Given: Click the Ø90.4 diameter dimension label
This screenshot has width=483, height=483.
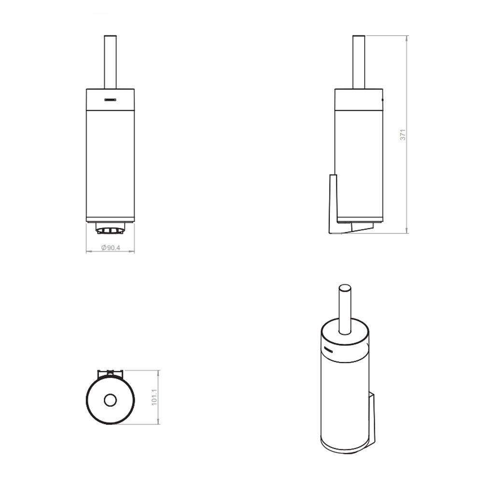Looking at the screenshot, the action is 111,248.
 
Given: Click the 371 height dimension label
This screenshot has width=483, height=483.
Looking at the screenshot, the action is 403,135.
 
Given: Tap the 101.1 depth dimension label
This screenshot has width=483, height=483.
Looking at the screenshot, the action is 155,397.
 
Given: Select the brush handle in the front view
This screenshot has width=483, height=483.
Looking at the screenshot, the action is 110,62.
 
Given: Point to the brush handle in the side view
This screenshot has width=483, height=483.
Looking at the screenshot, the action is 358,62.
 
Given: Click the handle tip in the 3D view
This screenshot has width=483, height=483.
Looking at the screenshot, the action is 345,287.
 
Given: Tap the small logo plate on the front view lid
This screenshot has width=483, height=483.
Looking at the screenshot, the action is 110,100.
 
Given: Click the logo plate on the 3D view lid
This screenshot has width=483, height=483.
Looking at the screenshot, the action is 328,350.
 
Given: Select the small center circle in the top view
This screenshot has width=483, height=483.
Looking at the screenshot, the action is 110,400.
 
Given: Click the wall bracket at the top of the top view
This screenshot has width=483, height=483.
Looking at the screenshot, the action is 110,373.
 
